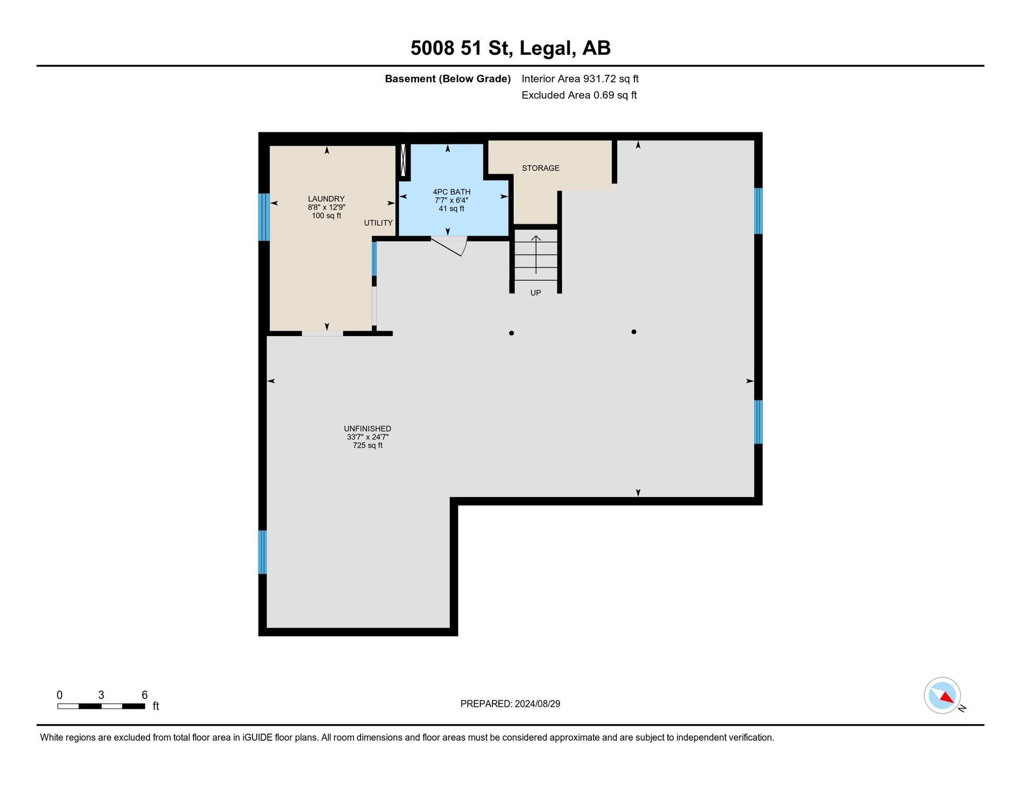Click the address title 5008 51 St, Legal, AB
(x=510, y=48)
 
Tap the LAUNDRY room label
(x=327, y=199)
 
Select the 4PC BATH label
(x=451, y=192)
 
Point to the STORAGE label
(x=541, y=168)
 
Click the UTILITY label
(x=379, y=223)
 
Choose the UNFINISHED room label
(x=367, y=429)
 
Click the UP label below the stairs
(x=535, y=293)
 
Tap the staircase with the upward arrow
(x=536, y=255)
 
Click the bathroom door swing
(x=450, y=246)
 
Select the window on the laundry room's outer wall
(x=264, y=217)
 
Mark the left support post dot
(x=512, y=333)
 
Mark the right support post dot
(x=634, y=332)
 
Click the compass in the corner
(x=942, y=695)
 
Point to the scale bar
(x=101, y=706)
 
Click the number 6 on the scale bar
(x=145, y=695)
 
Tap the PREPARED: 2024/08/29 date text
(x=510, y=704)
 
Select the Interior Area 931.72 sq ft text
(x=580, y=79)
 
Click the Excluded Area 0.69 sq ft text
(x=579, y=95)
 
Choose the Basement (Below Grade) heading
(x=448, y=79)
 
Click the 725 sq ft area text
(x=367, y=446)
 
